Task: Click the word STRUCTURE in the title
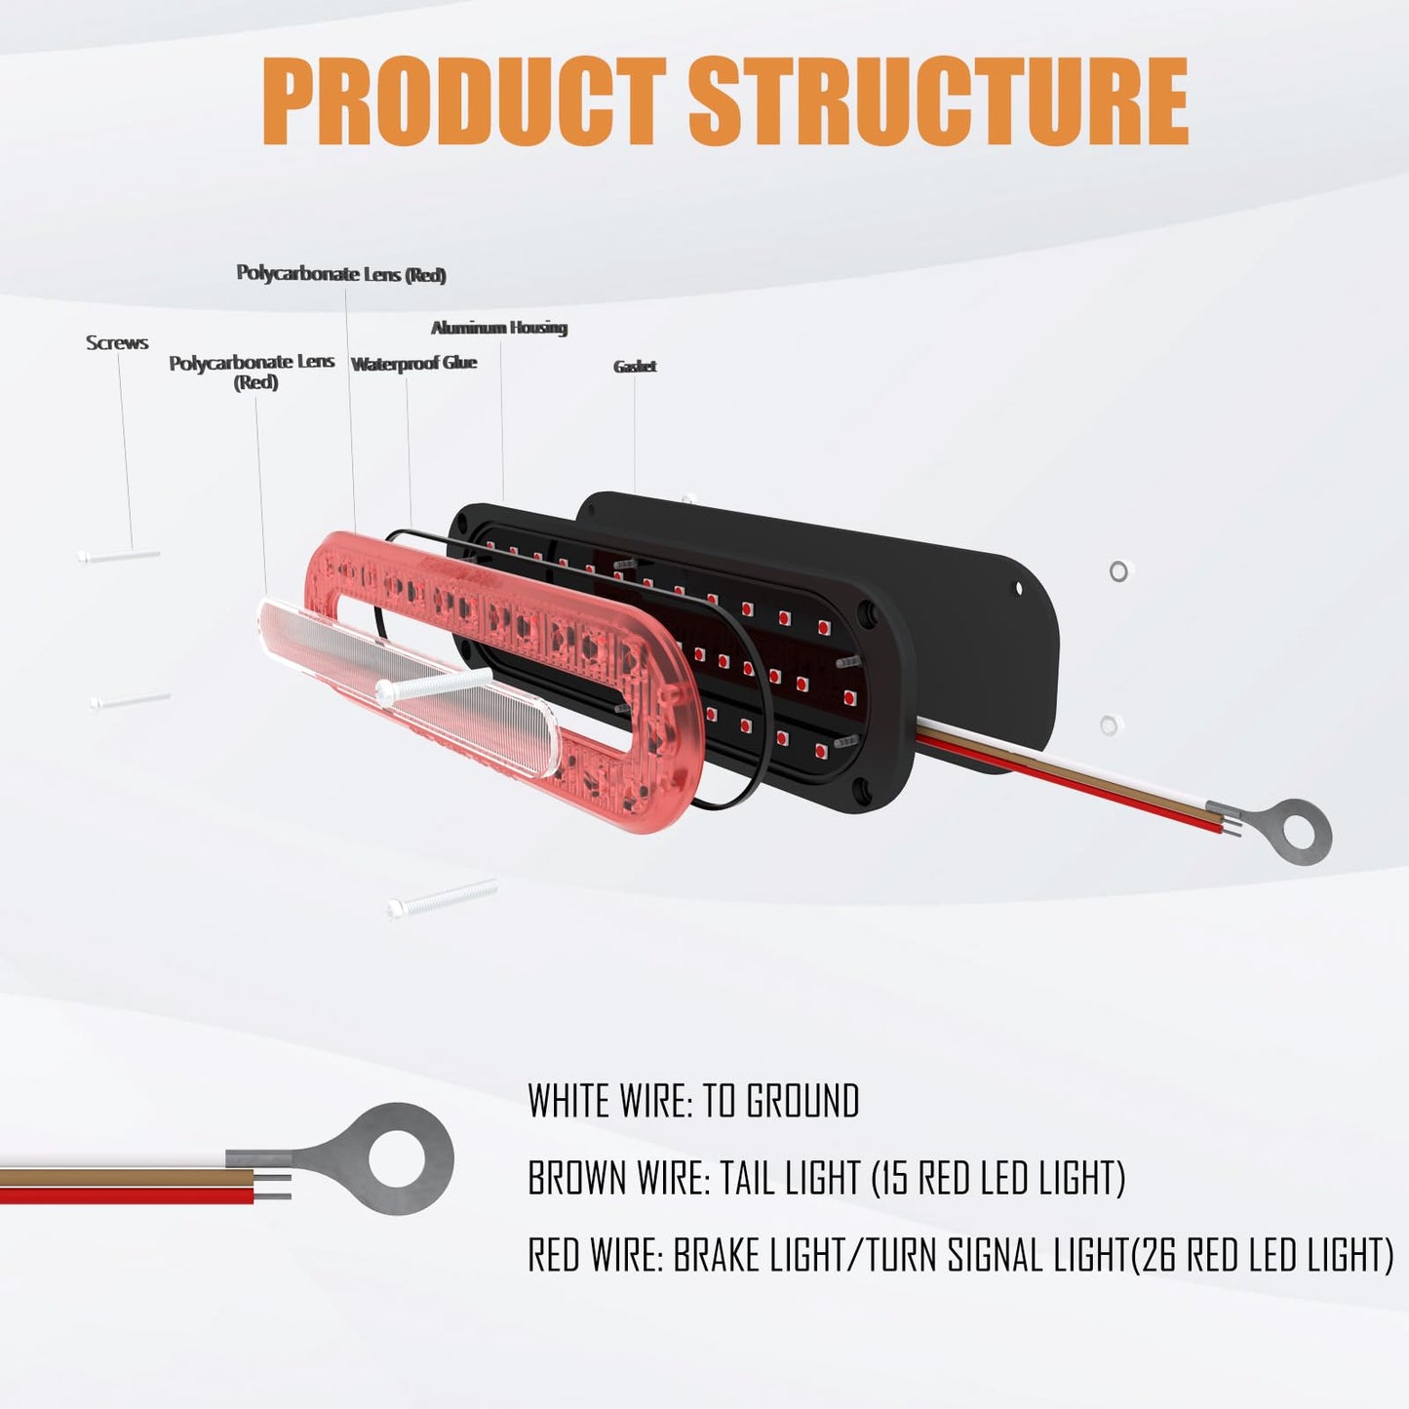click(x=938, y=101)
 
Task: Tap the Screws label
click(x=117, y=343)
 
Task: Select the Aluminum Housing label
click(x=499, y=328)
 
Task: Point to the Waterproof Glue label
click(x=413, y=364)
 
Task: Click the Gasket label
click(x=635, y=367)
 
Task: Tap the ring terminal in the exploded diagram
click(x=1295, y=830)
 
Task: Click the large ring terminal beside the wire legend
click(x=390, y=1158)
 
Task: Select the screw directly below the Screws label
click(x=119, y=556)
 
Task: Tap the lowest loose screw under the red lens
click(x=442, y=897)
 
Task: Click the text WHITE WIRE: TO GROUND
click(x=693, y=1102)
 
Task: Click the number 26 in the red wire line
click(x=1157, y=1256)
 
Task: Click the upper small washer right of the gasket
click(x=1118, y=571)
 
